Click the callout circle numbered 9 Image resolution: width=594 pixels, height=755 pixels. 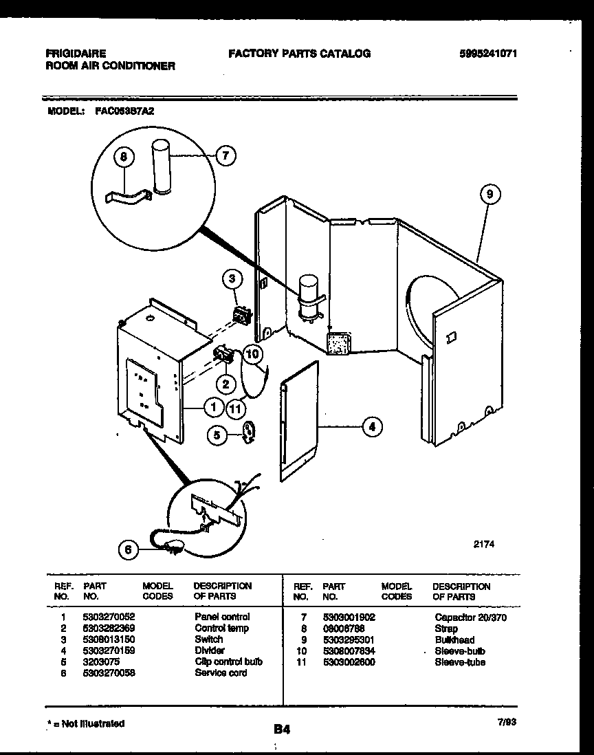click(489, 195)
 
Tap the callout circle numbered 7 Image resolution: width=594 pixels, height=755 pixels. click(225, 155)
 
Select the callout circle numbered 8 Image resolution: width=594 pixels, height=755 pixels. click(124, 157)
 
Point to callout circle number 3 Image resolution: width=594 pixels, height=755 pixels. click(232, 279)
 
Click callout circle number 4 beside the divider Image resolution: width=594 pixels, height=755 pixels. click(372, 427)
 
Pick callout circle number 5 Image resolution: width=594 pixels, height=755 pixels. click(217, 435)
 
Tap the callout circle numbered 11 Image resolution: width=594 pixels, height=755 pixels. click(236, 408)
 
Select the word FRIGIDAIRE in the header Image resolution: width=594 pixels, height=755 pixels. click(76, 54)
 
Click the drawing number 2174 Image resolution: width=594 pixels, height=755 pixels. click(484, 543)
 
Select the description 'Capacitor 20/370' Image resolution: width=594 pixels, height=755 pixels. click(470, 617)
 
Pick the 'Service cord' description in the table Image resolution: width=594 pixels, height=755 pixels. click(221, 672)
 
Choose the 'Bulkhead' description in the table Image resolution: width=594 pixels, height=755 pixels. click(454, 639)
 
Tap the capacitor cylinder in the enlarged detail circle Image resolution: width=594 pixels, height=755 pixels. click(161, 168)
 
